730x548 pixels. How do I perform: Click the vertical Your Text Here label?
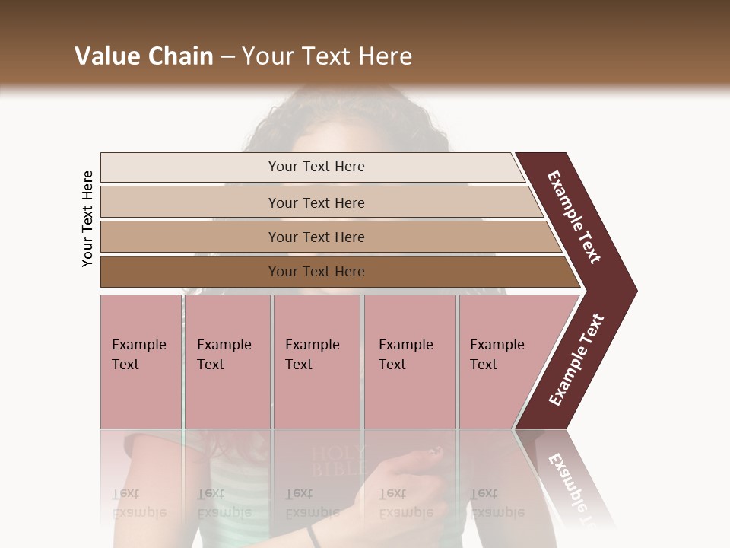click(87, 218)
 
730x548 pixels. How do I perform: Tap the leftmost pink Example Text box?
click(141, 362)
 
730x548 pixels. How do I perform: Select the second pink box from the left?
click(227, 362)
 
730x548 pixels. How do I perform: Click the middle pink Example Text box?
click(316, 362)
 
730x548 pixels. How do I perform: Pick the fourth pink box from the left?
click(410, 362)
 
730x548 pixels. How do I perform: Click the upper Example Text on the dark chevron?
click(574, 217)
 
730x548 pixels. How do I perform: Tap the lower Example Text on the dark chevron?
click(576, 360)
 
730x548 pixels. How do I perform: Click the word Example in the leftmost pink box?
click(138, 345)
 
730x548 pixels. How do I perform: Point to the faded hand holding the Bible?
click(411, 479)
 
